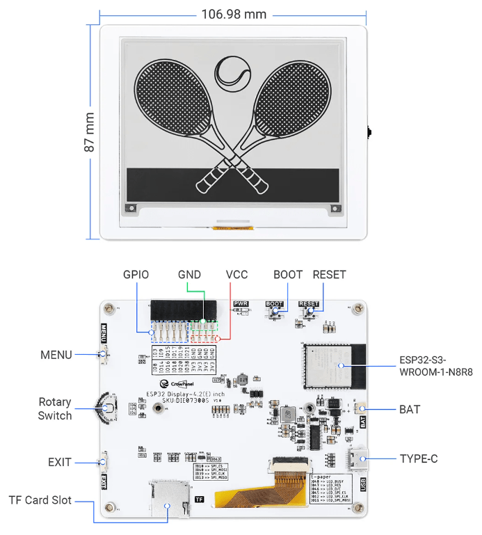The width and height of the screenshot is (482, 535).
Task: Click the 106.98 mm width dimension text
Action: click(x=234, y=14)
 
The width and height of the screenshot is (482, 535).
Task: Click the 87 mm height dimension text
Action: click(x=90, y=137)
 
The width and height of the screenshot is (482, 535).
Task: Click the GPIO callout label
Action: click(x=136, y=274)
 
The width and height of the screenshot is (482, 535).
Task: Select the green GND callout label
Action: click(x=190, y=274)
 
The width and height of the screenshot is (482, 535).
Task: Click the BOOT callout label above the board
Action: click(x=288, y=274)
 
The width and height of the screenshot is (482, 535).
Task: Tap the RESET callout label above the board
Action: click(x=329, y=274)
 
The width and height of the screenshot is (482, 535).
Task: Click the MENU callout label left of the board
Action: click(x=56, y=355)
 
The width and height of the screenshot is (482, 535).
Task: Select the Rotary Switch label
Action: click(x=55, y=409)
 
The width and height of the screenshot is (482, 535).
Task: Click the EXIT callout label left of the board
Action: click(x=60, y=461)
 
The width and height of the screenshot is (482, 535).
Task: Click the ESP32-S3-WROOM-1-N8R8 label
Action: click(x=436, y=367)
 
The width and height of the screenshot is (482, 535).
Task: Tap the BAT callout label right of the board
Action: click(x=410, y=409)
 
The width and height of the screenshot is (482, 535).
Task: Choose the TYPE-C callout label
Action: click(x=418, y=458)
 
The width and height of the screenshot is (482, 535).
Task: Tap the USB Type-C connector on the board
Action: click(x=358, y=458)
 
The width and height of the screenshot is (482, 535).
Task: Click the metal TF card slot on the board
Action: click(x=169, y=499)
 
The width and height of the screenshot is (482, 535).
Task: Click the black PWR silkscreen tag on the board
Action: click(x=241, y=304)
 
